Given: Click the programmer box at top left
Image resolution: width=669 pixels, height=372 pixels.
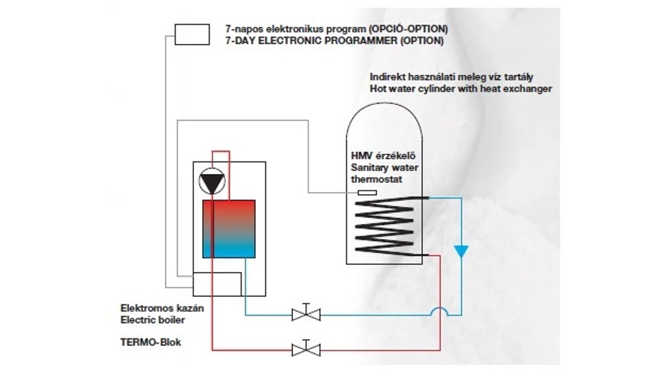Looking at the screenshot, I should click(x=193, y=33).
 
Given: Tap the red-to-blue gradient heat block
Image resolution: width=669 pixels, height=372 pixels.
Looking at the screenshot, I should click(x=228, y=228).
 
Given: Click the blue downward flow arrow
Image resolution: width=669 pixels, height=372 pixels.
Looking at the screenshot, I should click(x=462, y=251).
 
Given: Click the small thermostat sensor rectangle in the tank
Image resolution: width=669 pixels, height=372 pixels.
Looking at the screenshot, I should click(x=366, y=193).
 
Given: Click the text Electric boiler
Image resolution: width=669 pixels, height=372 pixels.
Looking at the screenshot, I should click(x=152, y=320).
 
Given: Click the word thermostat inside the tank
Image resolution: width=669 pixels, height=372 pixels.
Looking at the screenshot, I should click(x=376, y=179).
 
